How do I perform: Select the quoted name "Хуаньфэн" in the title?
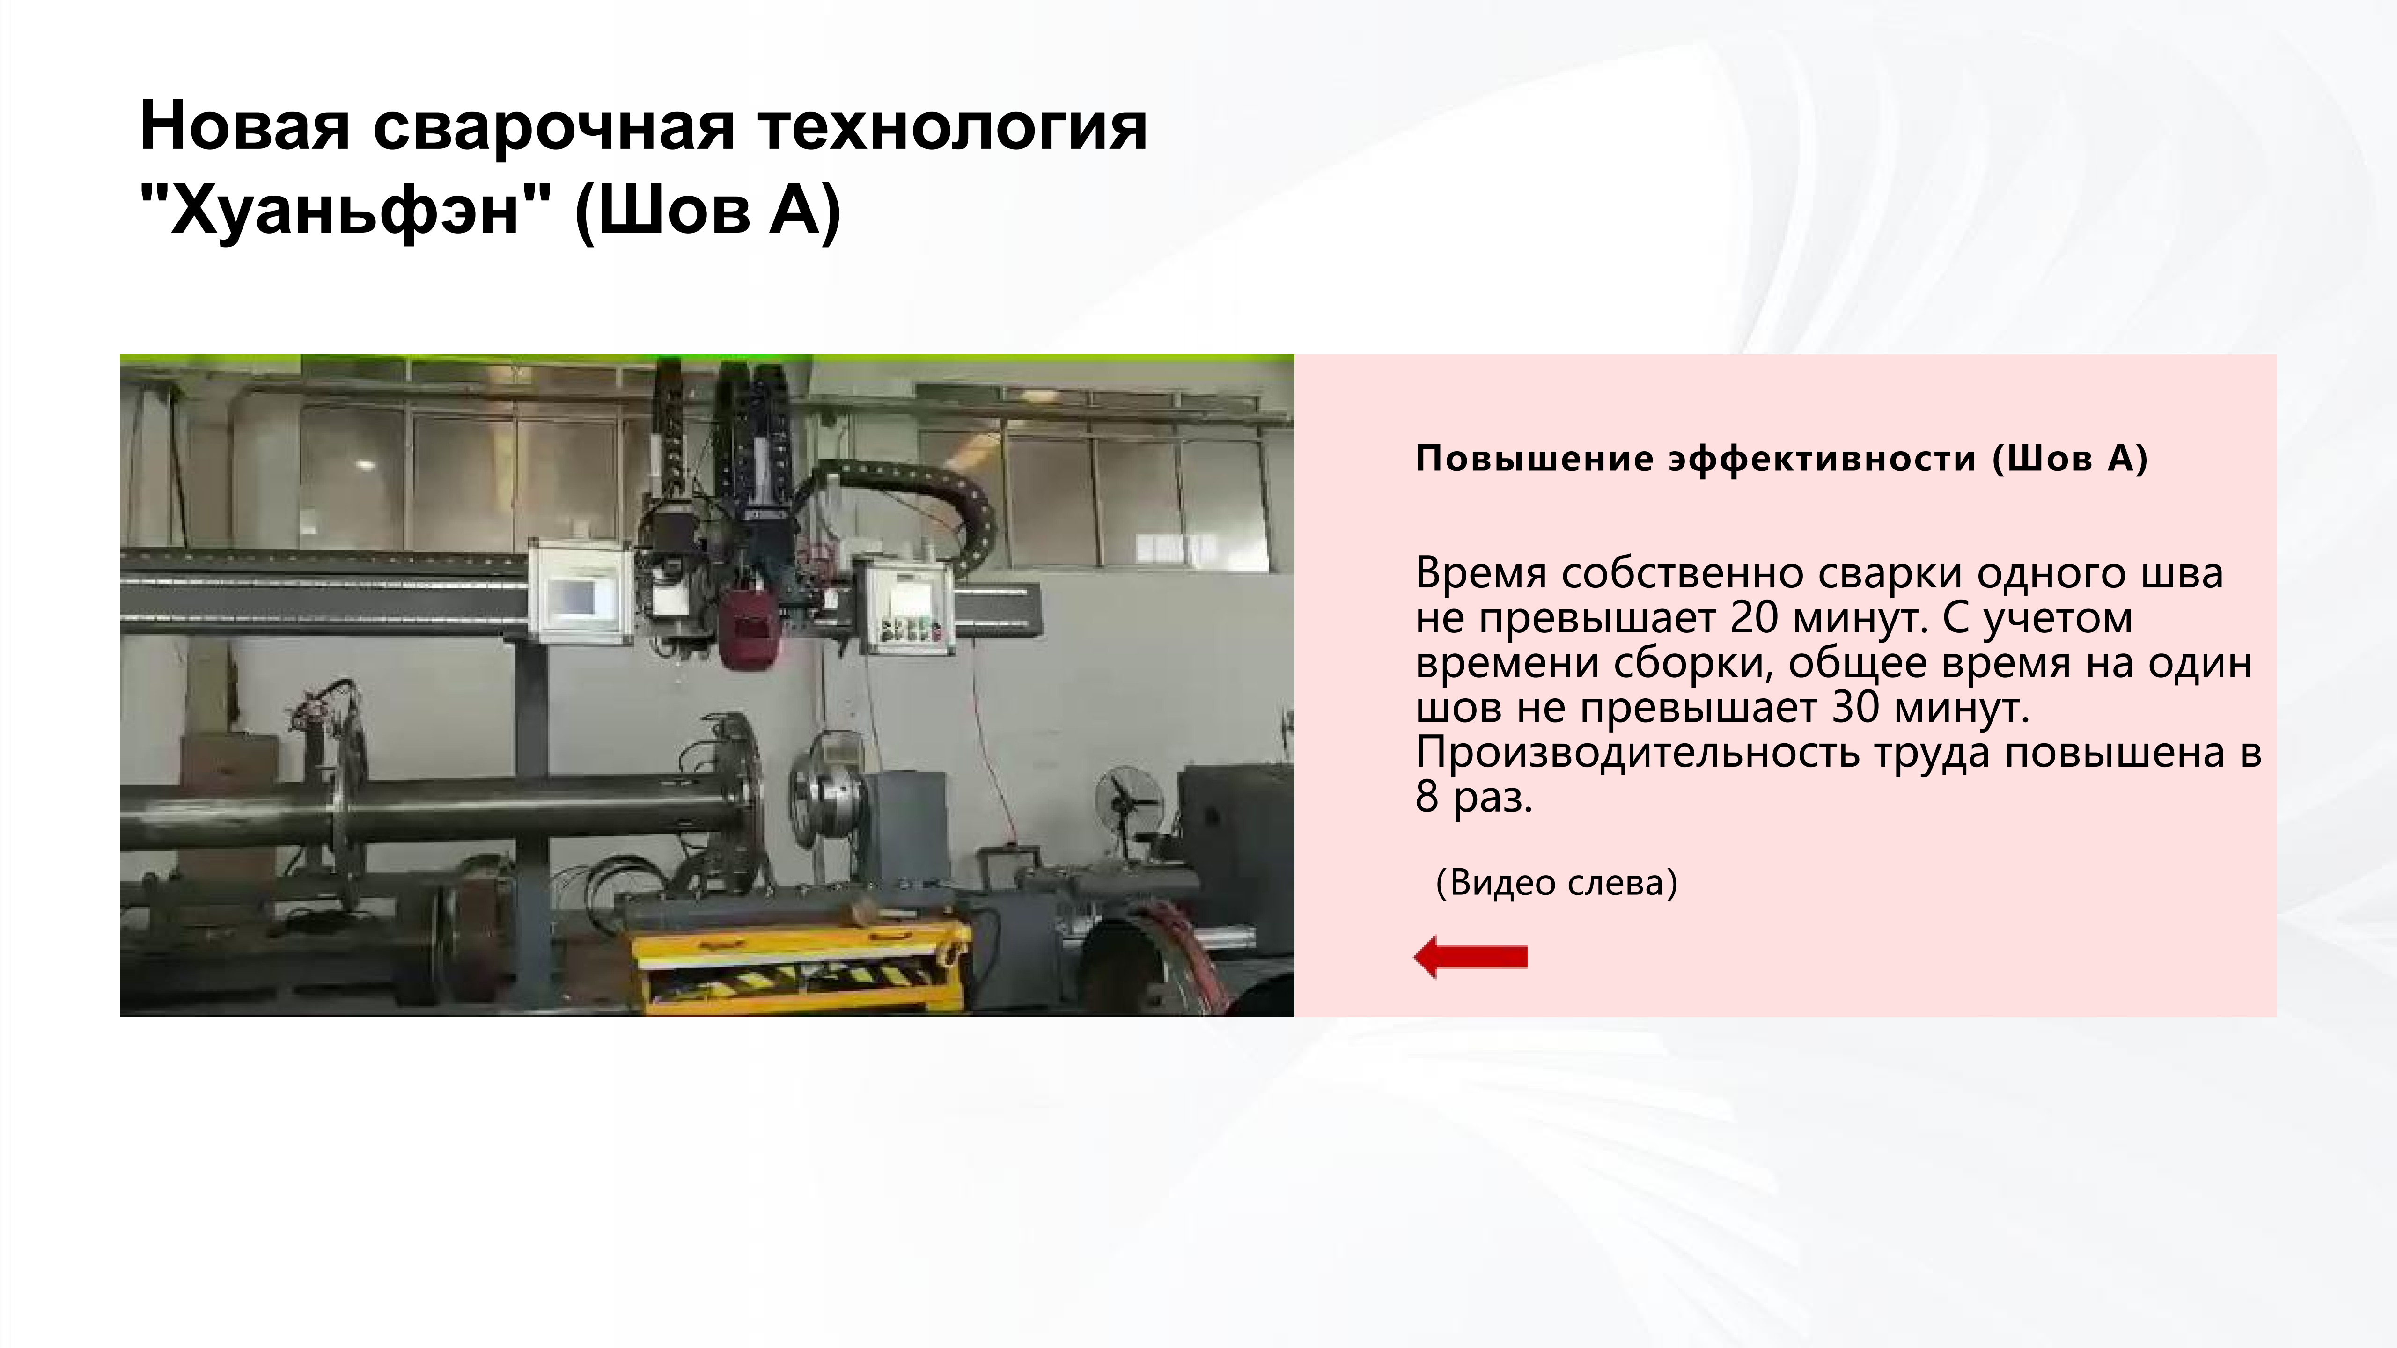click(344, 210)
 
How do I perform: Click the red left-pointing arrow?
click(1470, 957)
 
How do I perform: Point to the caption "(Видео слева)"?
click(1556, 882)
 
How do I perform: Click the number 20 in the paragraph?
click(1754, 618)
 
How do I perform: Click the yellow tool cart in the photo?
click(800, 963)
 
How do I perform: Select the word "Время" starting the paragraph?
click(1481, 573)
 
